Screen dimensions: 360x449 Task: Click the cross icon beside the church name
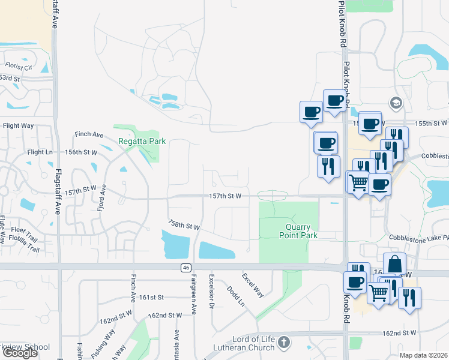coord(285,343)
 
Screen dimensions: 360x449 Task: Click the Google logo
coord(19,353)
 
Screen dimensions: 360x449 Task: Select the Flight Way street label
coord(19,126)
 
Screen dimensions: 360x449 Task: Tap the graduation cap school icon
coord(396,103)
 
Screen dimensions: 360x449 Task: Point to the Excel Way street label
coord(253,286)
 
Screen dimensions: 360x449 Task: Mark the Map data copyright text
coord(424,355)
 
